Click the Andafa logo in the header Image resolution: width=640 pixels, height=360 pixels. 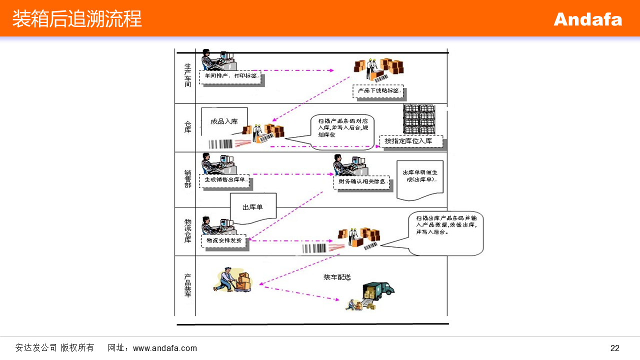pos(587,19)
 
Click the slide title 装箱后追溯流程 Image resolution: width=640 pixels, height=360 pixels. pos(77,19)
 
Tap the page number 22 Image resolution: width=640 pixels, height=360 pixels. pos(614,348)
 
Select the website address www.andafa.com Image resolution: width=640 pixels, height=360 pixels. pos(165,348)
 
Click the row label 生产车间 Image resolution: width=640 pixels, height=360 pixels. pos(187,75)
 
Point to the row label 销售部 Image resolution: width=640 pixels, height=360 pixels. pos(187,178)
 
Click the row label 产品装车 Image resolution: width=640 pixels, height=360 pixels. pos(187,285)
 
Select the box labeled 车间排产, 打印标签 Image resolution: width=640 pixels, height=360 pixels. pos(230,76)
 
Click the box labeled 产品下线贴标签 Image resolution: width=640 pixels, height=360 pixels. pos(378,90)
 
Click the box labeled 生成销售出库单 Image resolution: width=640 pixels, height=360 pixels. pos(224,180)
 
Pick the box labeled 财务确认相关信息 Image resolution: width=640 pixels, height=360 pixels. pos(361,182)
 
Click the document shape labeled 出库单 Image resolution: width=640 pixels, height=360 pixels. pos(252,206)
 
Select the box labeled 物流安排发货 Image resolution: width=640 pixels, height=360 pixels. pos(224,240)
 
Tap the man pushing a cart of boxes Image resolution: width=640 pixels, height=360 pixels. pos(233,280)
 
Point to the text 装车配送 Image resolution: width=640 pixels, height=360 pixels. pos(337,277)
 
